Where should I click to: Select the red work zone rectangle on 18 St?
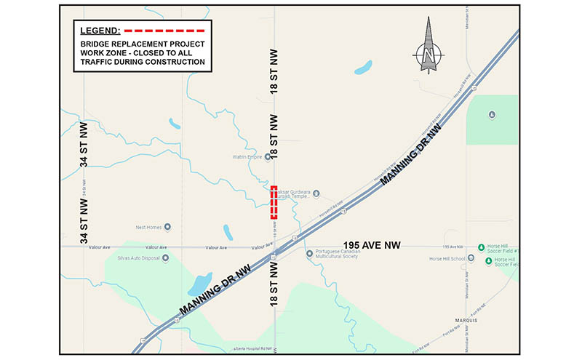point(274,202)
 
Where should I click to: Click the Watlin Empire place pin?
point(268,156)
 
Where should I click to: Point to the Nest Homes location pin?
point(167,226)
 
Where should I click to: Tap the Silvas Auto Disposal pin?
point(166,257)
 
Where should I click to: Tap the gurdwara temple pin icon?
point(325,193)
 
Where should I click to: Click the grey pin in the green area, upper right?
point(493,114)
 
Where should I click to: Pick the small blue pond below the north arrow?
point(362,68)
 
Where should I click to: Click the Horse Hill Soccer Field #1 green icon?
point(481,247)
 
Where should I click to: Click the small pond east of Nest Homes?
point(228,233)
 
